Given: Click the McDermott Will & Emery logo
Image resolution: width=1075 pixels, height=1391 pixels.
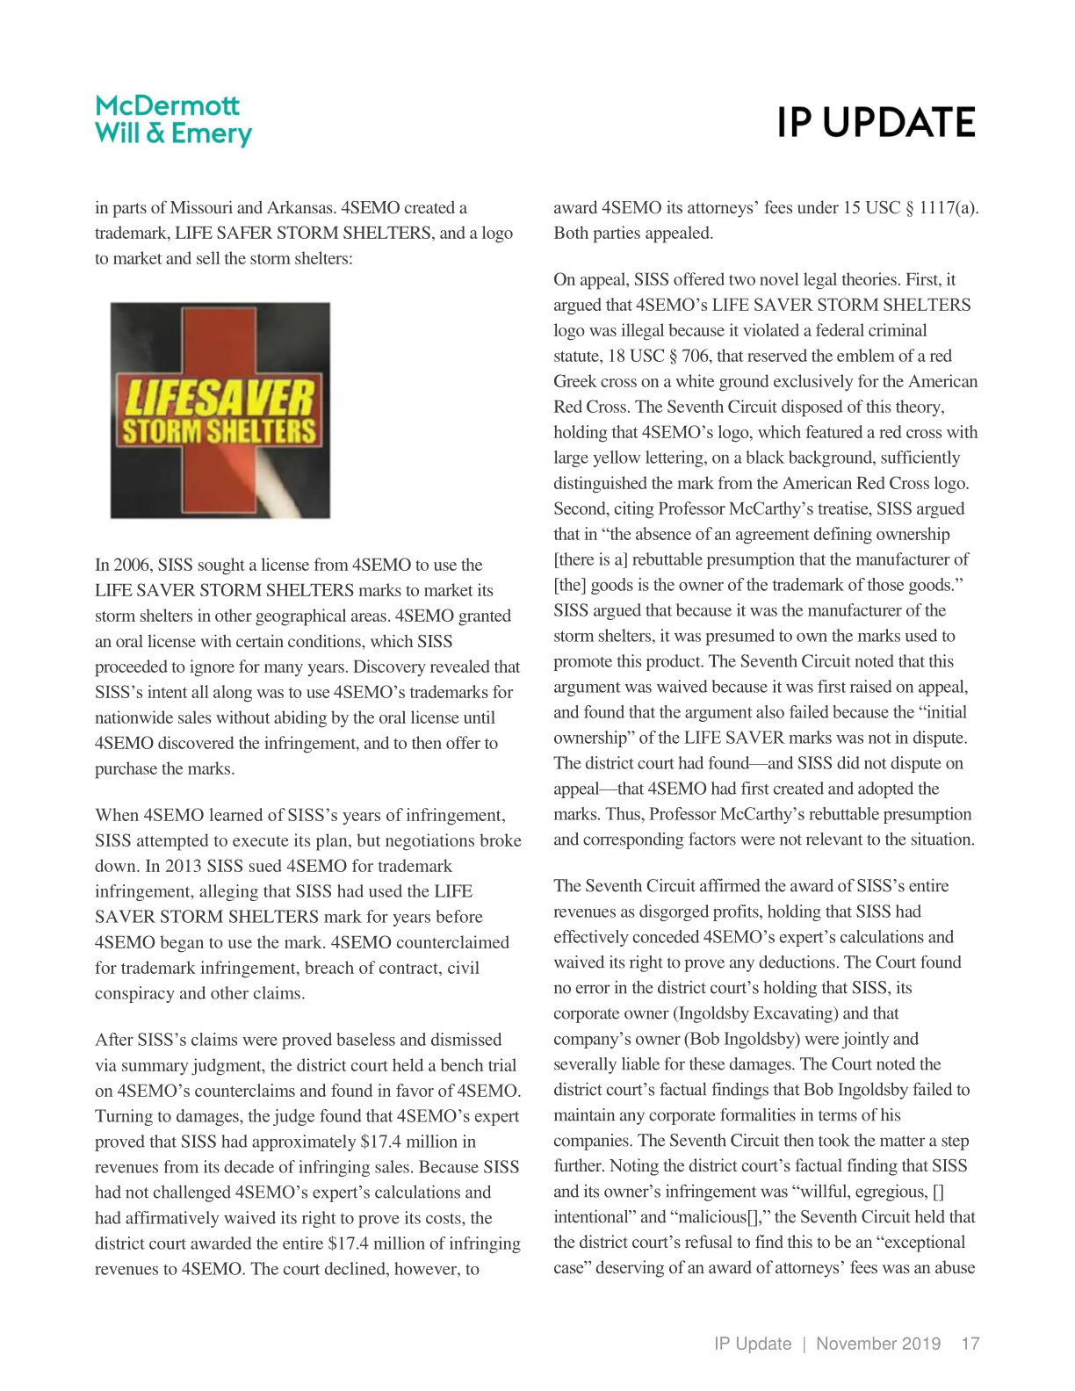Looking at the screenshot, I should (173, 120).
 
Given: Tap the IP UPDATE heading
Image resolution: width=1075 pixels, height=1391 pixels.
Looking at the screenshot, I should (876, 123).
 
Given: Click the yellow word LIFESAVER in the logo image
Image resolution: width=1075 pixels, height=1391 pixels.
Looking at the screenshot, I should (220, 396).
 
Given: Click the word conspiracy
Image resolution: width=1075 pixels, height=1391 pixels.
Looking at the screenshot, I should (135, 993).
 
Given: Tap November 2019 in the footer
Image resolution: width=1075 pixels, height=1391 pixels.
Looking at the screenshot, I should (877, 1344).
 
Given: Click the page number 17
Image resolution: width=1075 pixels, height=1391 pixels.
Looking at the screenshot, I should (970, 1344).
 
